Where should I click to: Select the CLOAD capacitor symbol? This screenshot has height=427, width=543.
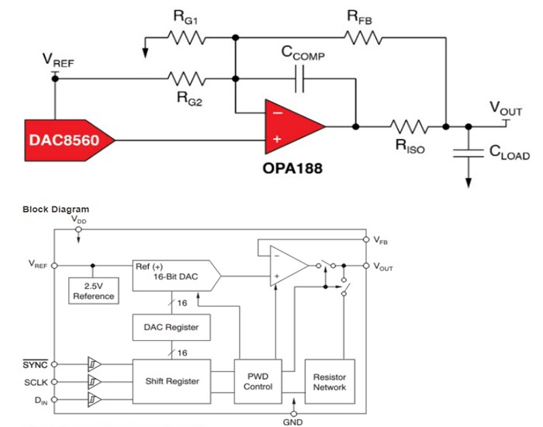click(x=468, y=152)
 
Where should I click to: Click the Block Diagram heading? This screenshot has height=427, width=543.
click(x=56, y=210)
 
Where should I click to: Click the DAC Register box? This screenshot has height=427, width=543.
click(x=171, y=327)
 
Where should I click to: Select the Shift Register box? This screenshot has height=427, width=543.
click(x=171, y=380)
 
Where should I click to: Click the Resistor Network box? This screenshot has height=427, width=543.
click(x=330, y=380)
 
